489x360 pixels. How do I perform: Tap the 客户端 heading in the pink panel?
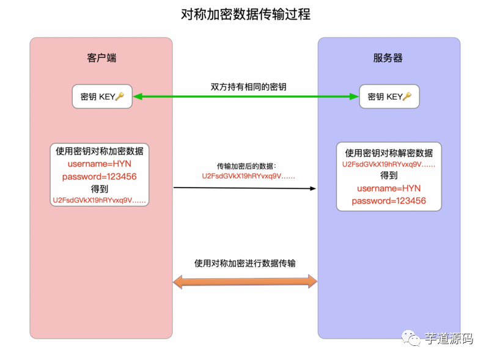(x=101, y=58)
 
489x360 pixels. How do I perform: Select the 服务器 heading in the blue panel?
(x=388, y=58)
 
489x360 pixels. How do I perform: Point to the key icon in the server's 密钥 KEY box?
(x=407, y=97)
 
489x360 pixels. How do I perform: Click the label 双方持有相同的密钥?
(x=245, y=87)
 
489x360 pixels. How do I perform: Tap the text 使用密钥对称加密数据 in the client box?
(x=100, y=151)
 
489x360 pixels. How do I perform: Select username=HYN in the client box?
(x=100, y=164)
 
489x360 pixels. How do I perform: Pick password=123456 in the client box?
(x=100, y=177)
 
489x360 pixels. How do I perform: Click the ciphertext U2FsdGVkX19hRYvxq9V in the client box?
(x=100, y=200)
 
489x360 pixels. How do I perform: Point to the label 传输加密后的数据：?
(x=247, y=166)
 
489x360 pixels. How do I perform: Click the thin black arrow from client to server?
(x=244, y=188)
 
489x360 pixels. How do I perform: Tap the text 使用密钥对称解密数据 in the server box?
(x=389, y=153)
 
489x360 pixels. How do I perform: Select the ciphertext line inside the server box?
(x=389, y=164)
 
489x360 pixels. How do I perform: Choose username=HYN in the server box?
(x=389, y=188)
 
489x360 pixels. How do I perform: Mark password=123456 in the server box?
(x=389, y=200)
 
